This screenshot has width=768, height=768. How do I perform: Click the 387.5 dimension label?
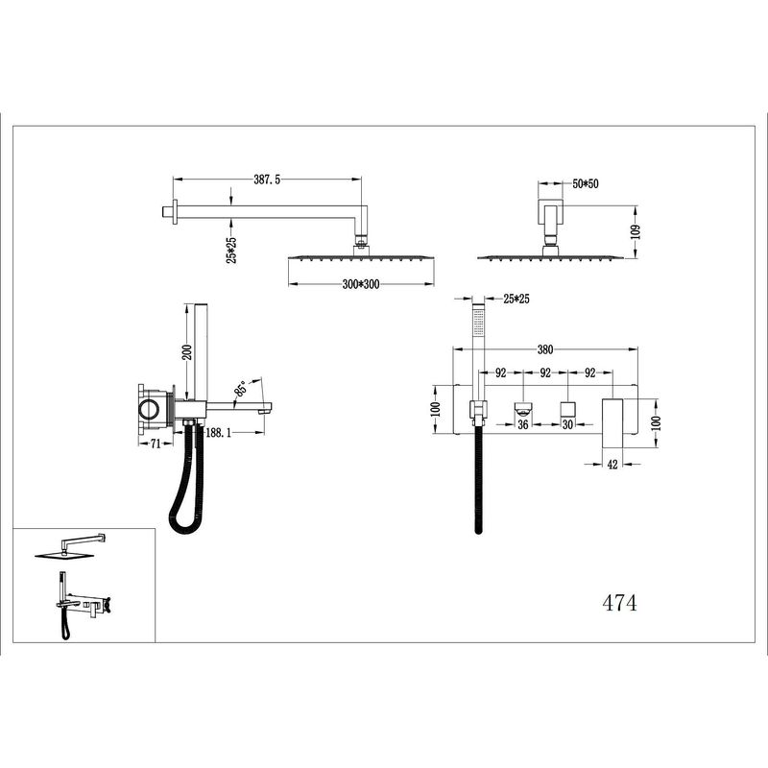267,180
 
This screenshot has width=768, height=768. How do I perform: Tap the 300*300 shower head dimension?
361,284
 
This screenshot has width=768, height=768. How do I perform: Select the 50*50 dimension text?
586,184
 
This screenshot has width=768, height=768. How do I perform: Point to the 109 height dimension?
636,231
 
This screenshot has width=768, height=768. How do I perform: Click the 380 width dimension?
545,349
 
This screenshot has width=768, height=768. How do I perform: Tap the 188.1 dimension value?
218,433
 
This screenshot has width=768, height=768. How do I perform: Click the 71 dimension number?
156,444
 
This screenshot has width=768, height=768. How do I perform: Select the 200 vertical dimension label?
187,352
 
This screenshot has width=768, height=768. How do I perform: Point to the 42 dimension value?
612,465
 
